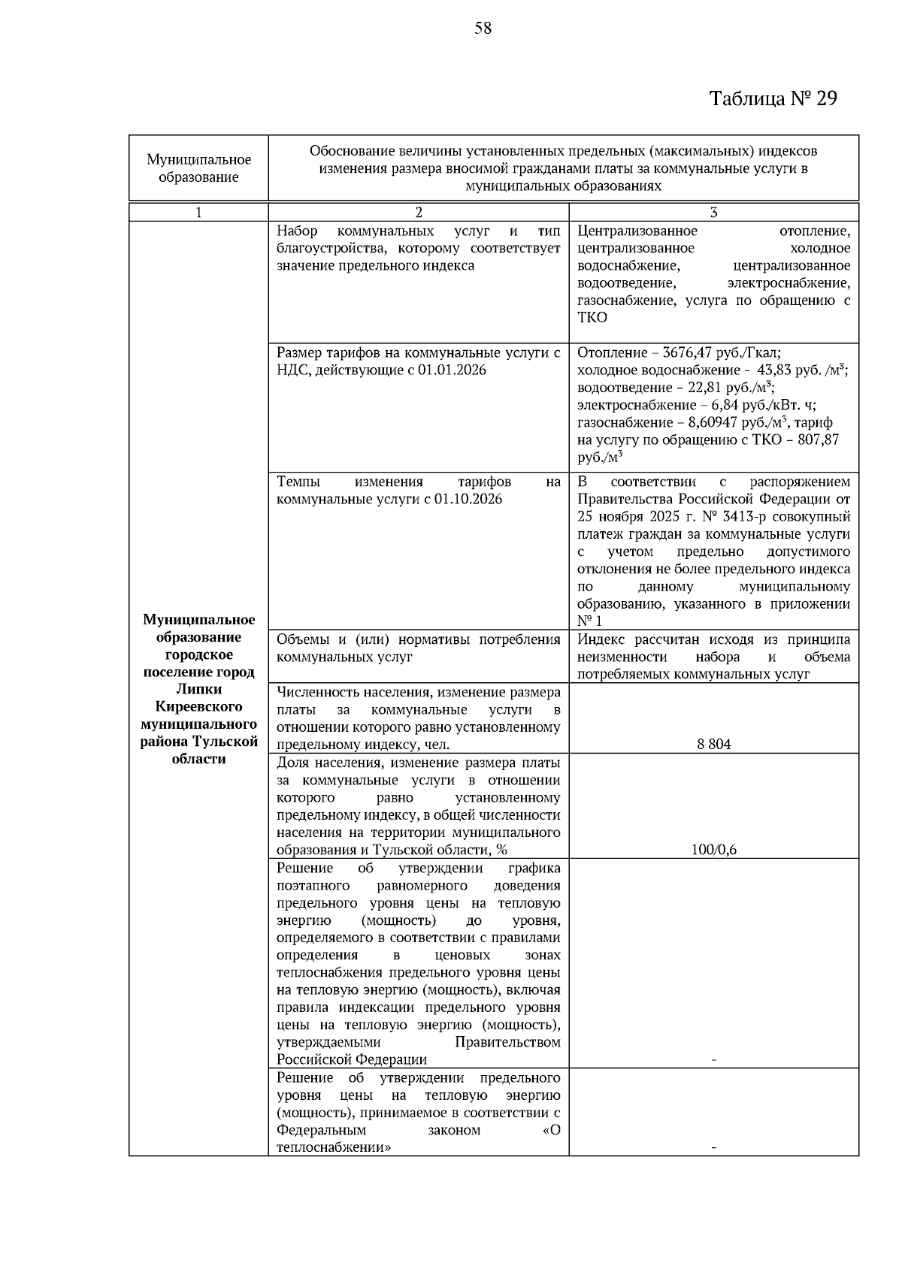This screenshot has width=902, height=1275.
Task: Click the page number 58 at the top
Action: click(483, 29)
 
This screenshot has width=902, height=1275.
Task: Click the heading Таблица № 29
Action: click(773, 98)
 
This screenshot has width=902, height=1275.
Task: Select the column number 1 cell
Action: click(198, 213)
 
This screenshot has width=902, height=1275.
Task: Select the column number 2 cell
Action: click(419, 213)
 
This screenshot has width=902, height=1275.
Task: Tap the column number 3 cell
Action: click(713, 213)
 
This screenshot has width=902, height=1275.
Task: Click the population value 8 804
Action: click(713, 745)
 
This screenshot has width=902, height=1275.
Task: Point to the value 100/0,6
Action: click(713, 850)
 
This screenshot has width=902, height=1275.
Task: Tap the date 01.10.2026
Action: click(466, 500)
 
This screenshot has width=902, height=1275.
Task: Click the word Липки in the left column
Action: click(198, 689)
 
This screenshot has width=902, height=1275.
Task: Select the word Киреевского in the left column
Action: click(198, 706)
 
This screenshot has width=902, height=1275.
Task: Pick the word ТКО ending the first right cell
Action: click(592, 318)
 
